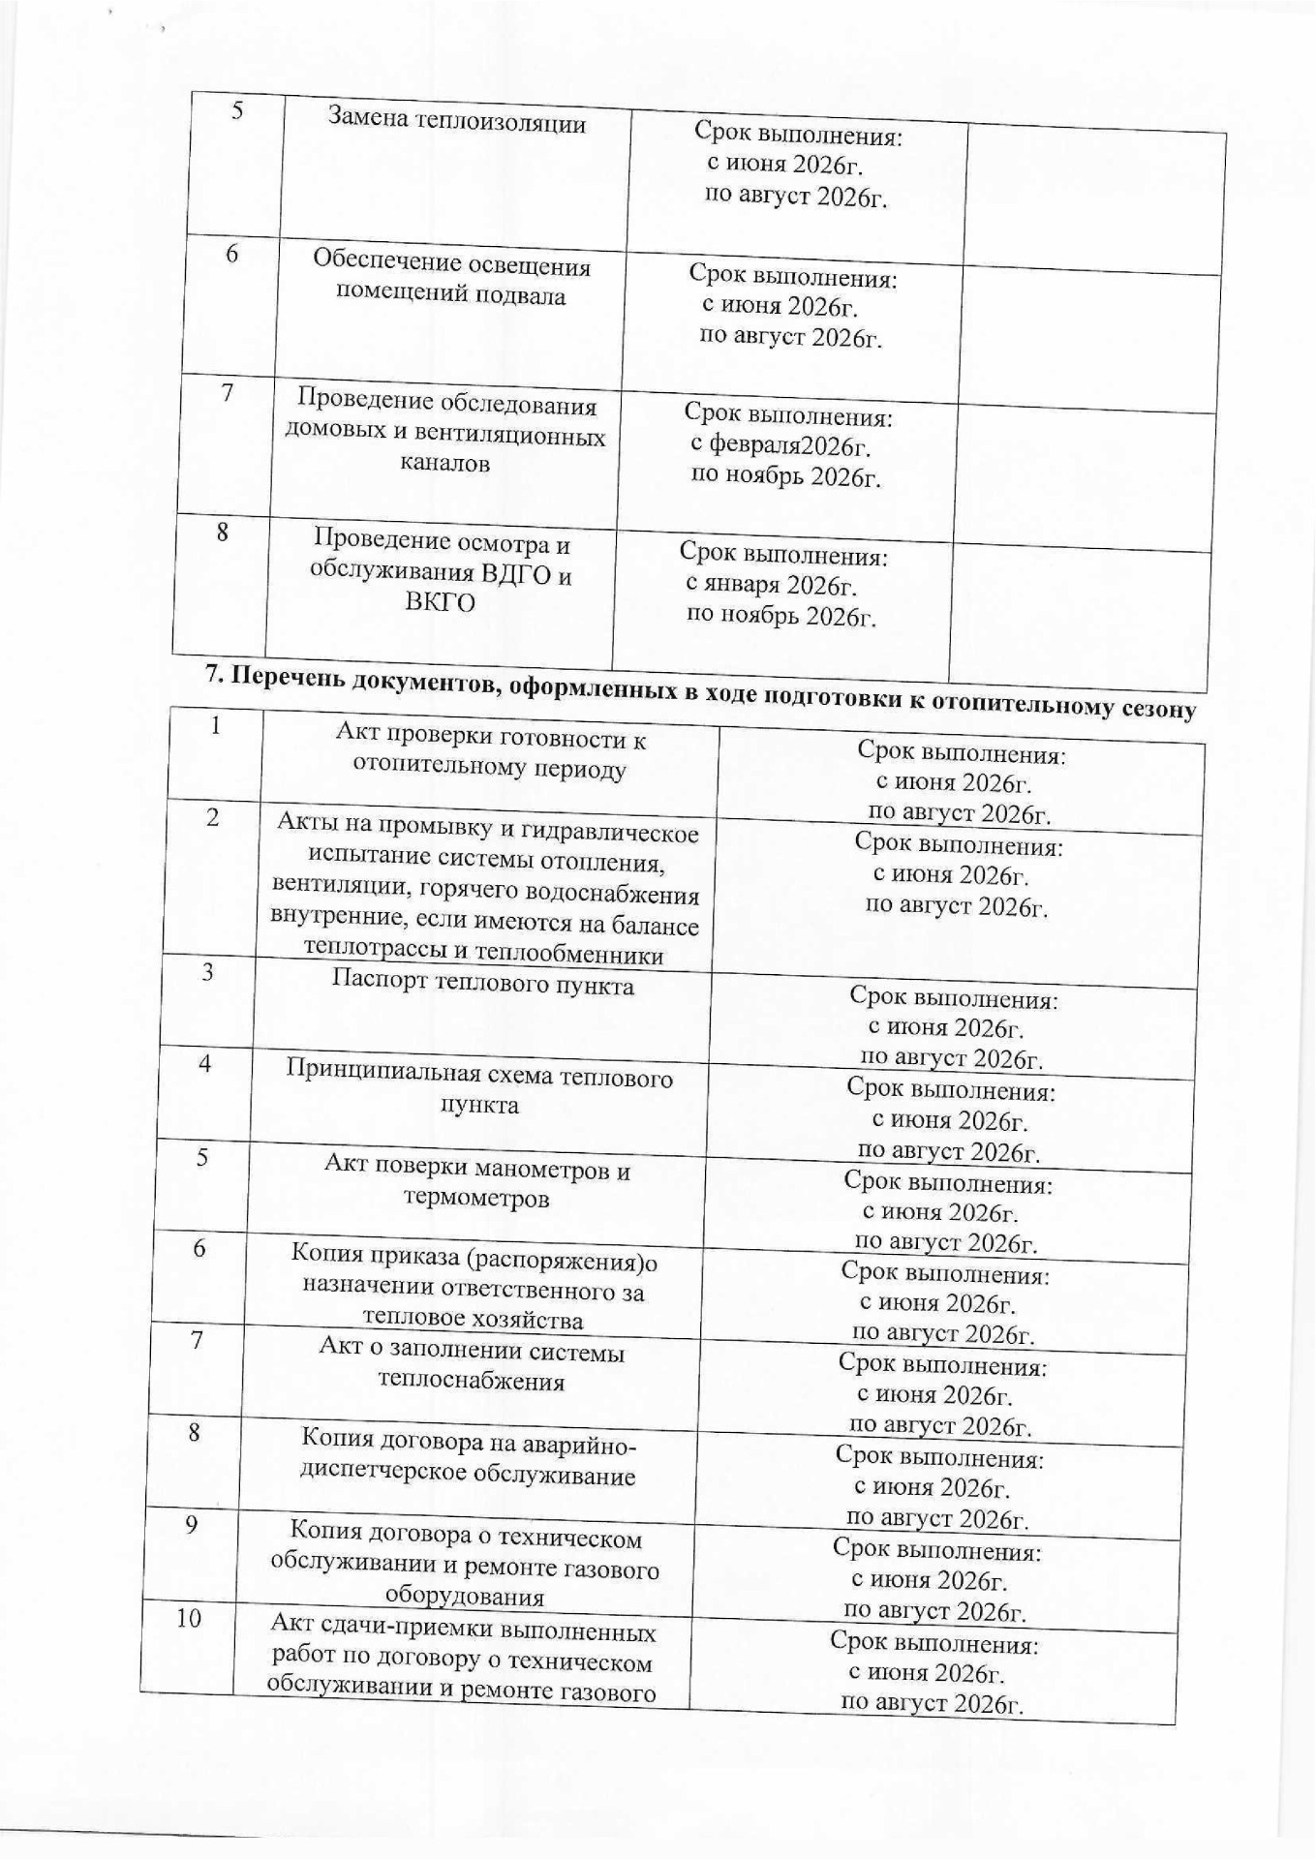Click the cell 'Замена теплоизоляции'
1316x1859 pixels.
point(456,122)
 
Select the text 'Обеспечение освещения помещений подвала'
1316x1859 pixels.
point(451,280)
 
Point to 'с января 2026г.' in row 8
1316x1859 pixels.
point(771,585)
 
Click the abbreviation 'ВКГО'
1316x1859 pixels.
point(440,603)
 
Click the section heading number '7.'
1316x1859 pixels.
point(216,675)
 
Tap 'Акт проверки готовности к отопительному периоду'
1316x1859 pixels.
point(490,754)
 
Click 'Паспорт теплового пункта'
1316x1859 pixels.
point(483,986)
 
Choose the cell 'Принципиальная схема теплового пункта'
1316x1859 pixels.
point(479,1090)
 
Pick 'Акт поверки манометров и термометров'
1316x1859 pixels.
point(476,1184)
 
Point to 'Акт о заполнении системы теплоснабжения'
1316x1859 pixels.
point(472,1365)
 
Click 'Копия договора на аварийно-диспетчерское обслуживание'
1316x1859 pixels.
point(469,1458)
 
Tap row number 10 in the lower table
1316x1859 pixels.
point(189,1618)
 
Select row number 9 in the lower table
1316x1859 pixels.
point(192,1525)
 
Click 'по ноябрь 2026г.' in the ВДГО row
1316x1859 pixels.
point(780,615)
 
